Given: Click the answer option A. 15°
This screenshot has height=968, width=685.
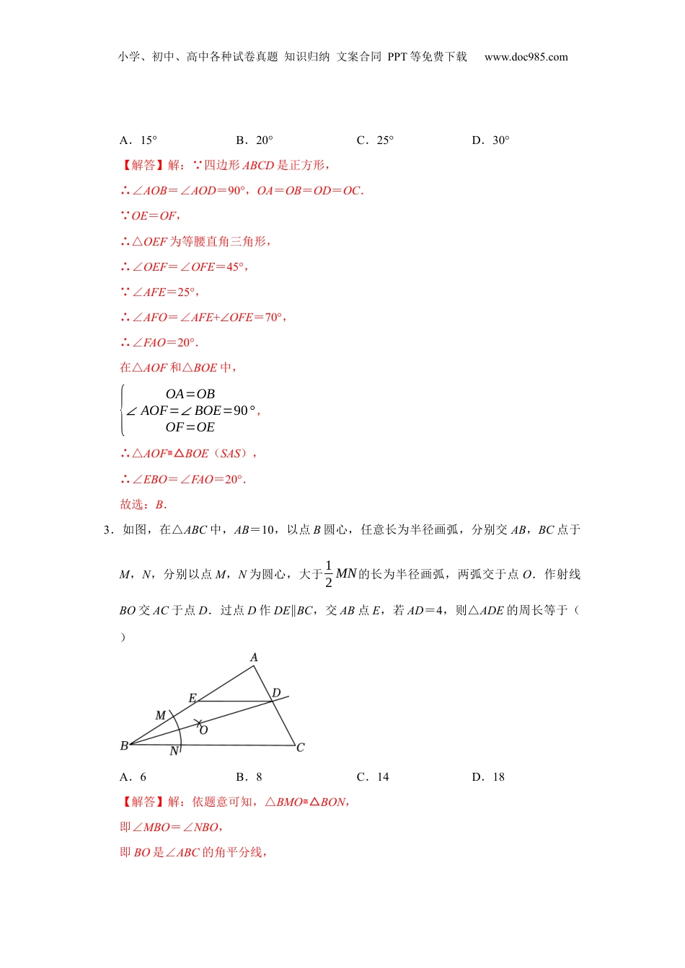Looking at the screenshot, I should pos(138,140).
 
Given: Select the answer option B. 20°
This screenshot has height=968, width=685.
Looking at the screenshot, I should pos(255,140).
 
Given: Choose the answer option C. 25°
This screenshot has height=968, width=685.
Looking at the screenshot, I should pos(375,140).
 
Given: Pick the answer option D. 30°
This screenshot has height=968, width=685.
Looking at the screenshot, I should pos(491,140).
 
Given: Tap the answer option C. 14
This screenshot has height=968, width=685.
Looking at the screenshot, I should pos(373,777).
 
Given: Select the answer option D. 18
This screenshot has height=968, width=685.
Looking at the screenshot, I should pos(489,777).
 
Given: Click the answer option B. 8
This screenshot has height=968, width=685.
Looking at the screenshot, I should pos(249,777).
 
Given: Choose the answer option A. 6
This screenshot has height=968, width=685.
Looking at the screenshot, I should pos(133,777).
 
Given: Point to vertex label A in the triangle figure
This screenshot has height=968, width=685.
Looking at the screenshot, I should pos(254,658).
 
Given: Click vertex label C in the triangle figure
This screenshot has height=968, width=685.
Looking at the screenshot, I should pos(301,748).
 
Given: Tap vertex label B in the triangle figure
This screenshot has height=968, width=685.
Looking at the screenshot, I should pos(124,746).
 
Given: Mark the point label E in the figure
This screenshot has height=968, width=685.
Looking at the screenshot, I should pos(193,698).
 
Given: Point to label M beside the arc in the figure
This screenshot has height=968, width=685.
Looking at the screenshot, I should pos(161,715).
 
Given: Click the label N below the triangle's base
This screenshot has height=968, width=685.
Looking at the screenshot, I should pos(174,751).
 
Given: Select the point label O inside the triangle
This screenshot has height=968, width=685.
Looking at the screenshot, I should pos(204,730).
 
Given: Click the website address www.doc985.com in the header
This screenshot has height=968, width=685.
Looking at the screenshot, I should pos(526,57).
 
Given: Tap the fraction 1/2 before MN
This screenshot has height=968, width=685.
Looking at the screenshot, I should pos(329,574).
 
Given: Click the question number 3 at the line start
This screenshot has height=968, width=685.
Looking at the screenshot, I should pos(107,530).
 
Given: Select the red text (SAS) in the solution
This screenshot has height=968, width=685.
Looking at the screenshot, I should pos(234,454).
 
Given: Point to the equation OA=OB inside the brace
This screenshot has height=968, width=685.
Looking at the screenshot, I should pos(190,394).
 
